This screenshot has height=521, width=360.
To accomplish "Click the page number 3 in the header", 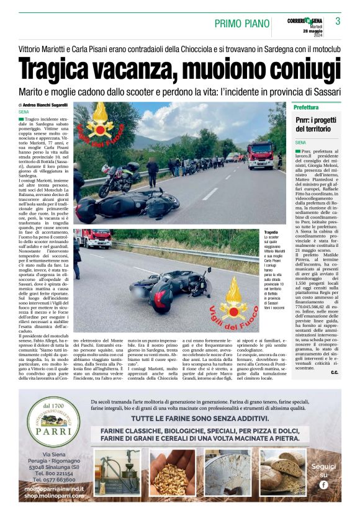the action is pos(338,21).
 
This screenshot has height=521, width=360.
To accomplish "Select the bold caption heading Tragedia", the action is pos(272,231).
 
